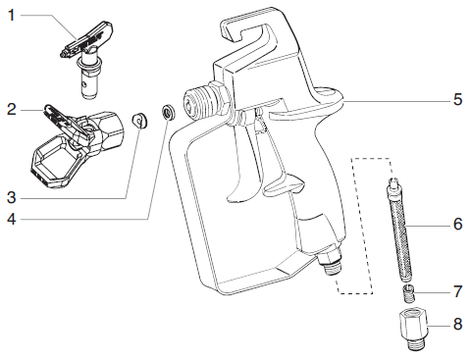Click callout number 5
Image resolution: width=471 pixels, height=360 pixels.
(x=457, y=99)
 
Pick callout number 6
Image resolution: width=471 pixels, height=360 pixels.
(x=457, y=225)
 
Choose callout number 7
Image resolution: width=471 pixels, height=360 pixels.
(x=457, y=293)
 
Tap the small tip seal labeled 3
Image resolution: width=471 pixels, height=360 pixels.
(x=140, y=120)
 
